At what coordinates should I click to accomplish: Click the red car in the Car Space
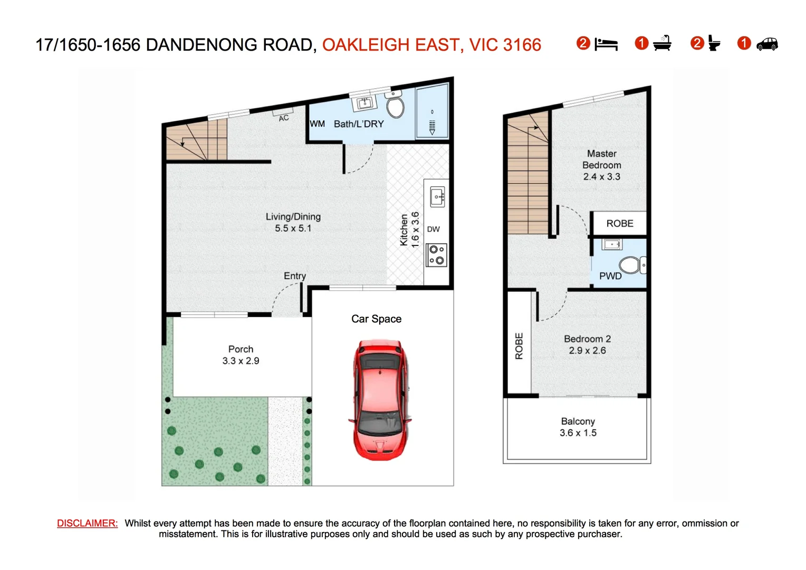[x=379, y=400]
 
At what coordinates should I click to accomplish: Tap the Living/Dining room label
[x=293, y=222]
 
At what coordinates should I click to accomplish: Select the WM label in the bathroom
[x=317, y=124]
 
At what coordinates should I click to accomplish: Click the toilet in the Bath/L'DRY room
[x=395, y=104]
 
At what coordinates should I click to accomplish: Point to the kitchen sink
[x=437, y=196]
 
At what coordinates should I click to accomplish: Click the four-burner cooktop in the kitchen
[x=437, y=255]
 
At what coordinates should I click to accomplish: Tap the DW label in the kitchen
[x=433, y=229]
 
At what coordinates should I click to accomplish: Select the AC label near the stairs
[x=284, y=118]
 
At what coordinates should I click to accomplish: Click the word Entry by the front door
[x=294, y=276]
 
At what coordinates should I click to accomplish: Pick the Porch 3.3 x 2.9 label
[x=241, y=355]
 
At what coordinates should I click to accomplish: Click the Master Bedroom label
[x=601, y=165]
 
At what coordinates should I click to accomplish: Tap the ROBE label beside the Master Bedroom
[x=619, y=224]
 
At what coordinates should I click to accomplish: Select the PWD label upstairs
[x=610, y=276]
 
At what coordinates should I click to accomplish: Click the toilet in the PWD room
[x=631, y=265]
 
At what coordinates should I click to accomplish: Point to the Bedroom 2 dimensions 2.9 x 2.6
[x=587, y=350]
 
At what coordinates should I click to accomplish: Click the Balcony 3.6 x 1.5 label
[x=578, y=427]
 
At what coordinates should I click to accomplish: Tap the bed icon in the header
[x=606, y=44]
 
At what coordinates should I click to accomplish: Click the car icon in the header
[x=767, y=44]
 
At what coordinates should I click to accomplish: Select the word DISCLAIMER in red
[x=88, y=524]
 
